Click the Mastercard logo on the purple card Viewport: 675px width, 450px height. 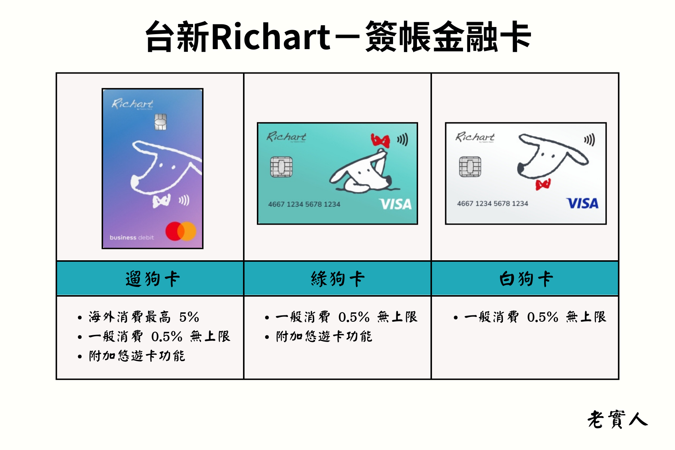tap(181, 231)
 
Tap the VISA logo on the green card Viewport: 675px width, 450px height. tap(395, 204)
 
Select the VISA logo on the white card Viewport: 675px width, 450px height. tap(582, 203)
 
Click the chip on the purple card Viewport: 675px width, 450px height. tap(160, 122)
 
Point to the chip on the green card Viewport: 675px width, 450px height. tap(281, 167)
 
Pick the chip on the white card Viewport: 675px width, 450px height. tap(470, 167)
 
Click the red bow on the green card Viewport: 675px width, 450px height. tap(380, 141)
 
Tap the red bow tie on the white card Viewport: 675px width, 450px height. tap(543, 184)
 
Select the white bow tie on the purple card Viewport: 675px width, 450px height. tap(162, 201)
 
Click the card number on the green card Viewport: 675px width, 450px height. tap(304, 204)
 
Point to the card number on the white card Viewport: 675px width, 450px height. tap(492, 204)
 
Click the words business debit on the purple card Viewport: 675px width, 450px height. tap(132, 237)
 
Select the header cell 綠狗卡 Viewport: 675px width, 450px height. tap(337, 279)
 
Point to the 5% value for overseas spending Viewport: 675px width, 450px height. tap(189, 317)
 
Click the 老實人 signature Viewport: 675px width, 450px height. tap(617, 419)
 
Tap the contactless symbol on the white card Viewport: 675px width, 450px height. tap(589, 140)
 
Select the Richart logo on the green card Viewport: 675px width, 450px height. tap(286, 137)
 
